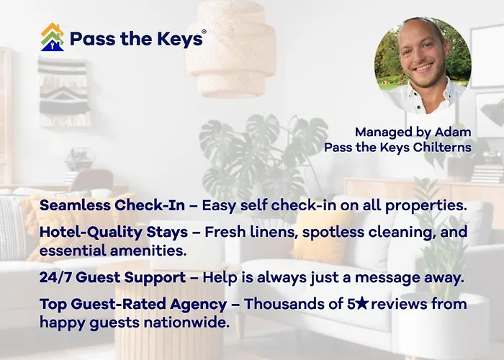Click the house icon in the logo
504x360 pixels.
pyautogui.click(x=53, y=37)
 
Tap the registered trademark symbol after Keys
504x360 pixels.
pyautogui.click(x=204, y=32)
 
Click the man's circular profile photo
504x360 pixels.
pyautogui.click(x=423, y=66)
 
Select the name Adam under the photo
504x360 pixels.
pyautogui.click(x=453, y=132)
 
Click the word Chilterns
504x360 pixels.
pyautogui.click(x=442, y=147)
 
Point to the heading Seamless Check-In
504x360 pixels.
pyautogui.click(x=112, y=205)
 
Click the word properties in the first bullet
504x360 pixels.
pyautogui.click(x=426, y=206)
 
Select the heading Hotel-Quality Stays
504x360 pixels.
pyautogui.click(x=114, y=233)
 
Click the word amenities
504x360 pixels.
pyautogui.click(x=148, y=251)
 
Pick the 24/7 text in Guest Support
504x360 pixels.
pyautogui.click(x=55, y=277)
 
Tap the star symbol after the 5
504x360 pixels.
pyautogui.click(x=362, y=303)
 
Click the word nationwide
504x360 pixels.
pyautogui.click(x=186, y=323)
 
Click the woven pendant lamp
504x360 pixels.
pyautogui.click(x=231, y=49)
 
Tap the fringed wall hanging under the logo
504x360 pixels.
pyautogui.click(x=64, y=91)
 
